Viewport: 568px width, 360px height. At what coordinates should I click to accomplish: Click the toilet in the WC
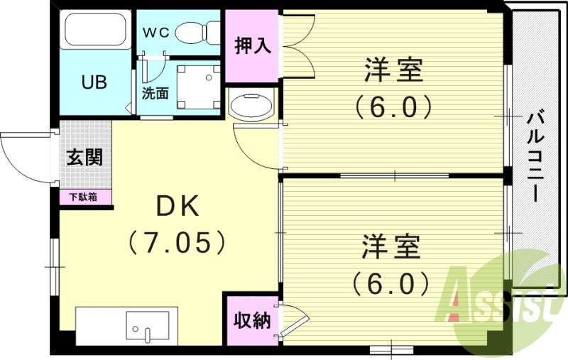click(197, 31)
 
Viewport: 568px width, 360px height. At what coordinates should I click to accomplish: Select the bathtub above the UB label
click(95, 31)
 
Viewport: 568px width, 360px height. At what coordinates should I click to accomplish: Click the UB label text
click(94, 82)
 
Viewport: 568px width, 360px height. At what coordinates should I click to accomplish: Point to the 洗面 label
click(155, 93)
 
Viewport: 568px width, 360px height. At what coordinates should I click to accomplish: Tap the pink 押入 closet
click(253, 45)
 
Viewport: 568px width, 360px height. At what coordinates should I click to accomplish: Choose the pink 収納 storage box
click(253, 320)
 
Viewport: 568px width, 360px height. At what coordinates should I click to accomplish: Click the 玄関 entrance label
click(85, 156)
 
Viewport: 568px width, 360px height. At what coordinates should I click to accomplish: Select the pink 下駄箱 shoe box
click(84, 197)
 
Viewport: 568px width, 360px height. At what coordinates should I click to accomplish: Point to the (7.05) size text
click(177, 244)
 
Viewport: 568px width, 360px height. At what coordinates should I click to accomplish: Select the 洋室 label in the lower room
click(391, 248)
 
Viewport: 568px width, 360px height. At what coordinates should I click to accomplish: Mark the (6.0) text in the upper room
click(394, 109)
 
